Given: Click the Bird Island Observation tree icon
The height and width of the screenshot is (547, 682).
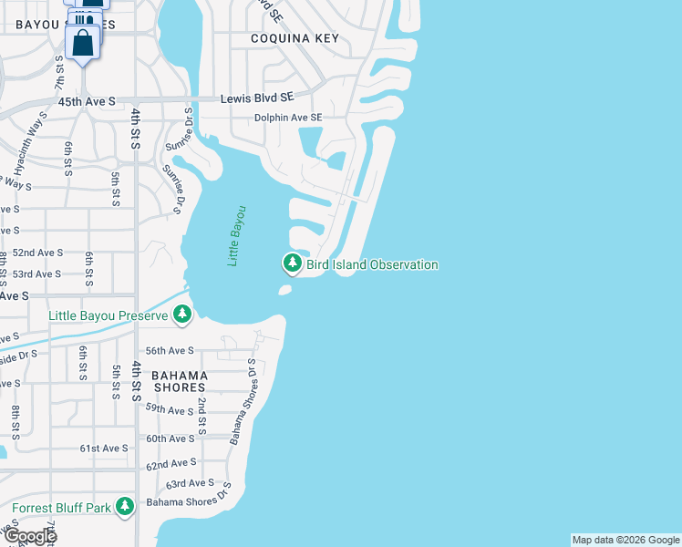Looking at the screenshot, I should [292, 264].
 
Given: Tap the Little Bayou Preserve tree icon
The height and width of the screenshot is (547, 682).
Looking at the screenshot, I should [183, 315].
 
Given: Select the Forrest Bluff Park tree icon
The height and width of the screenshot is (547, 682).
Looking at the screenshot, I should [125, 507].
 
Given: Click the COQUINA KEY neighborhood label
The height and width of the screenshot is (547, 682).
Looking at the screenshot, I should [294, 38].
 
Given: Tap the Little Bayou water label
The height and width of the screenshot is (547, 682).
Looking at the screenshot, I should [237, 235].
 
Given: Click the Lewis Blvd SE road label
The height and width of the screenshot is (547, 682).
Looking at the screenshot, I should [261, 97].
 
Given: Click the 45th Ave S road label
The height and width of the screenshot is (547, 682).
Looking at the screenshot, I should [87, 101].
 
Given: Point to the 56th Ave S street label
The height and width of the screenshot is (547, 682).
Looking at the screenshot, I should [170, 350].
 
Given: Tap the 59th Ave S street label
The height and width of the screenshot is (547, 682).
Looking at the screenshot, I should [170, 410].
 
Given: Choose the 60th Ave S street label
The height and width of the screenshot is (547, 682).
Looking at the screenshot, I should [170, 439].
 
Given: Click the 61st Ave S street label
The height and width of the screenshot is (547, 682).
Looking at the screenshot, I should [104, 449].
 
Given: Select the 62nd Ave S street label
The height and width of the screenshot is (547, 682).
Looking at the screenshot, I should [170, 465].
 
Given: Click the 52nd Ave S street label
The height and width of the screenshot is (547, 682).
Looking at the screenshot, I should [37, 253].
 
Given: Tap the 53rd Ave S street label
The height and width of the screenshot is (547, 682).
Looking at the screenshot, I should [36, 273].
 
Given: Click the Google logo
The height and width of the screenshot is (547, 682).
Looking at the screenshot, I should [29, 536].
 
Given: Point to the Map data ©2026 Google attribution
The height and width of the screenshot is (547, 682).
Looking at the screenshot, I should [625, 540].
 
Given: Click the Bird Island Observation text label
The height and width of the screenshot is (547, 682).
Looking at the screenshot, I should [372, 264].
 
